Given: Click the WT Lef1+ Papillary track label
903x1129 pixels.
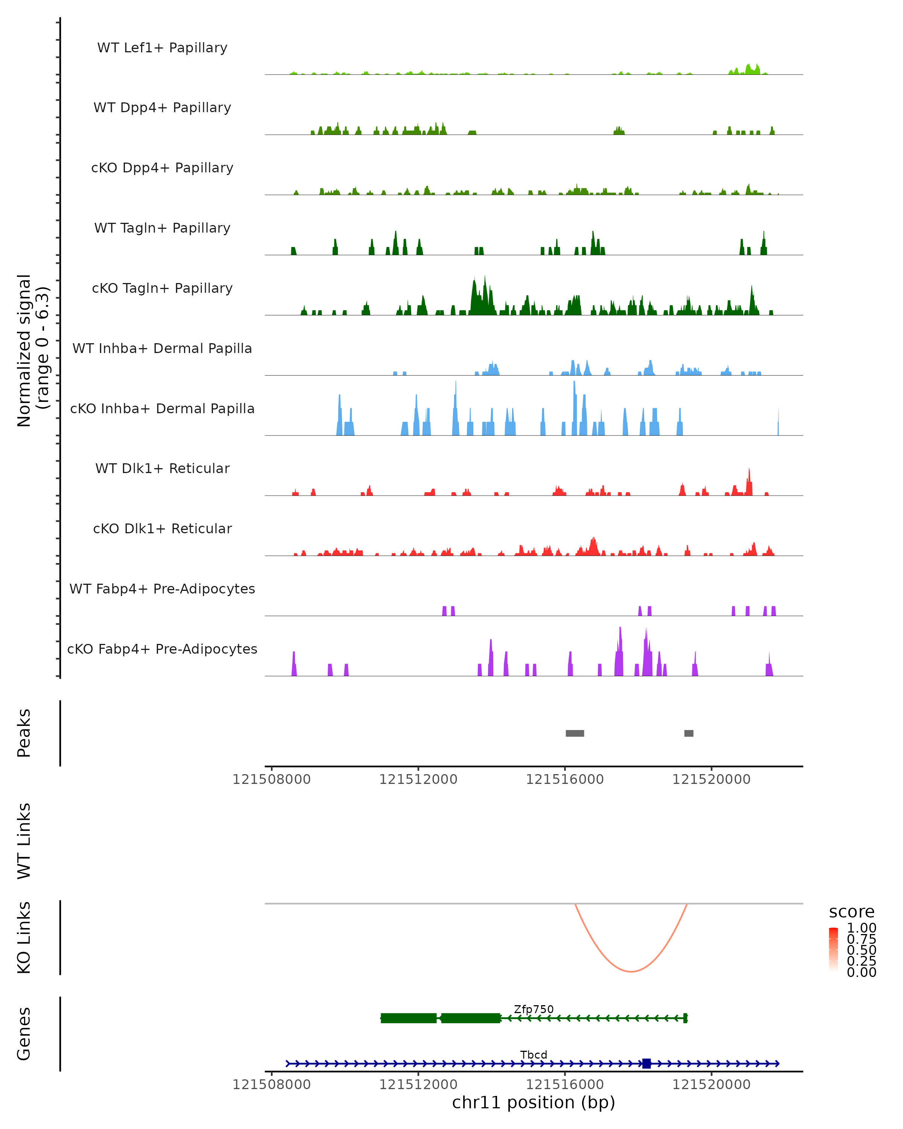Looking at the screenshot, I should [162, 48].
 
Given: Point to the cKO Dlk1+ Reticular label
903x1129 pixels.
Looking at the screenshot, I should [162, 528].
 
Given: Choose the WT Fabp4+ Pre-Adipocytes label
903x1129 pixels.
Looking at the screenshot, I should [162, 589].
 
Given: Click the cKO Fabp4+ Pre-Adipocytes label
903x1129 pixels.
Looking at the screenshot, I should [162, 649].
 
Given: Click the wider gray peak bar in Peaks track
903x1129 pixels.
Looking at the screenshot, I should [575, 733].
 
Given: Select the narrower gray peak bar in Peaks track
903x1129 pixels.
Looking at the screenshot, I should [689, 733].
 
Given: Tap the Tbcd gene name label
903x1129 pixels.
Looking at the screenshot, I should [534, 1054].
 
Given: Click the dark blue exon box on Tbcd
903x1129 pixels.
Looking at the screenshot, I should [646, 1064].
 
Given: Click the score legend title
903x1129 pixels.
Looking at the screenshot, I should [852, 912].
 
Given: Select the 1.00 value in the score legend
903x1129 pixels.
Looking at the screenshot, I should [861, 928].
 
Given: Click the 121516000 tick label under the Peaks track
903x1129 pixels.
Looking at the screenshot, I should [565, 780].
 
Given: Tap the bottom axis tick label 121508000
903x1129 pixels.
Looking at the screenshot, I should [272, 1085].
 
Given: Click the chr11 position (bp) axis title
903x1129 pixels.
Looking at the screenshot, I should [534, 1103].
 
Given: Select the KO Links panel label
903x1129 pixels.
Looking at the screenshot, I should [24, 937].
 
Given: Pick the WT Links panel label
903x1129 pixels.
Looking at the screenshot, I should [24, 841].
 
